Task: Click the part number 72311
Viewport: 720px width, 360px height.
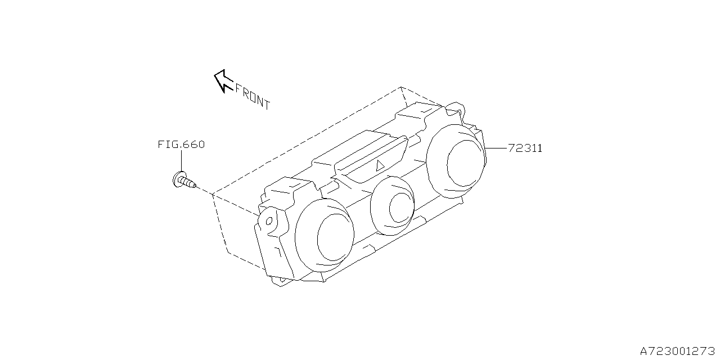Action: (525, 148)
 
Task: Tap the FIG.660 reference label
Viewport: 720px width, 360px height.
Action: (181, 145)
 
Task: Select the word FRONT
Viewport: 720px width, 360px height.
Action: (252, 97)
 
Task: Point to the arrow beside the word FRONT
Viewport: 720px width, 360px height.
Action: (223, 80)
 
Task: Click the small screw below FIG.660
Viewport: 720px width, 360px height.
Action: (183, 181)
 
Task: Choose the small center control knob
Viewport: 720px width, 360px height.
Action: (393, 205)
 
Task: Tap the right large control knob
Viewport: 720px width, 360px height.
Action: (457, 160)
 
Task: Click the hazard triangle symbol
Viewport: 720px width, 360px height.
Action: (380, 165)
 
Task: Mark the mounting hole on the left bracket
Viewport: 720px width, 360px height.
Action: (269, 221)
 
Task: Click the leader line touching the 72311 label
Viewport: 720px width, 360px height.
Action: (496, 148)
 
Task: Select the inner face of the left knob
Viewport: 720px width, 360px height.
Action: (335, 238)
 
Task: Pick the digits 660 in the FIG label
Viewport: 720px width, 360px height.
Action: (193, 145)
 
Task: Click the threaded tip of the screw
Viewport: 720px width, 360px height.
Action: (192, 184)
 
